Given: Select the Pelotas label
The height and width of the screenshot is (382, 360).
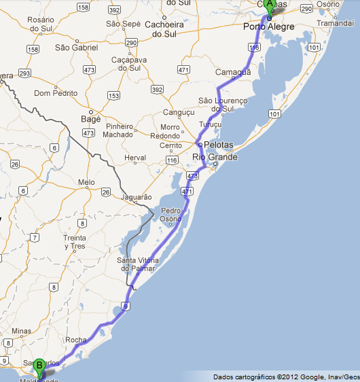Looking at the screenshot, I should click(x=218, y=145).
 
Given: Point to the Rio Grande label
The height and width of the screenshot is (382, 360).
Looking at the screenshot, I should click(x=215, y=157).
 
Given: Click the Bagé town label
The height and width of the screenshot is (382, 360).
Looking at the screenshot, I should click(x=90, y=118).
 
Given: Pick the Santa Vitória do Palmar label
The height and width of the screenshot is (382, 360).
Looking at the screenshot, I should click(x=138, y=264).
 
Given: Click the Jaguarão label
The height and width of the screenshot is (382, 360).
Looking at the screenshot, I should click(x=136, y=197).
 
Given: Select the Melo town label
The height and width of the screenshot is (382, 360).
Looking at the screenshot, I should click(x=86, y=182).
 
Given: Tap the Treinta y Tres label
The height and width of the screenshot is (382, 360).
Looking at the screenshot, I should click(x=75, y=242).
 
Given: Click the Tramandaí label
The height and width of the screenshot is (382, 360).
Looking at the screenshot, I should click(x=336, y=22).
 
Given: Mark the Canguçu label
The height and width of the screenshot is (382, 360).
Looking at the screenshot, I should click(x=179, y=112).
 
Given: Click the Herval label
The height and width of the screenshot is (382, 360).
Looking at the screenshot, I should click(x=135, y=158).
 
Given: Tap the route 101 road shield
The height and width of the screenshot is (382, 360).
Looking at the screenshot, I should click(x=274, y=114).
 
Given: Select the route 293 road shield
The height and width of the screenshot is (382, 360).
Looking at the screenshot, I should click(x=25, y=72).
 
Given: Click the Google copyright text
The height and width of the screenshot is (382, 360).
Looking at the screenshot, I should click(x=285, y=377).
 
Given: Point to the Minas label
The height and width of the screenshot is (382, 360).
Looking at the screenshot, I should click(x=21, y=331).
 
